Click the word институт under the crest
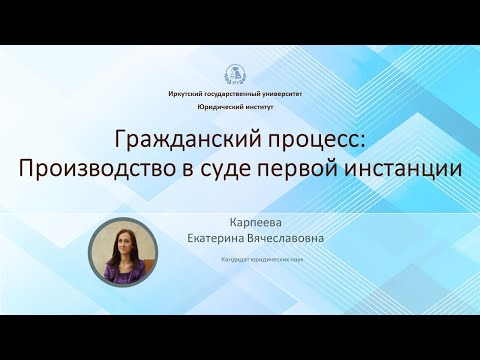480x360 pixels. pos(263,105)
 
